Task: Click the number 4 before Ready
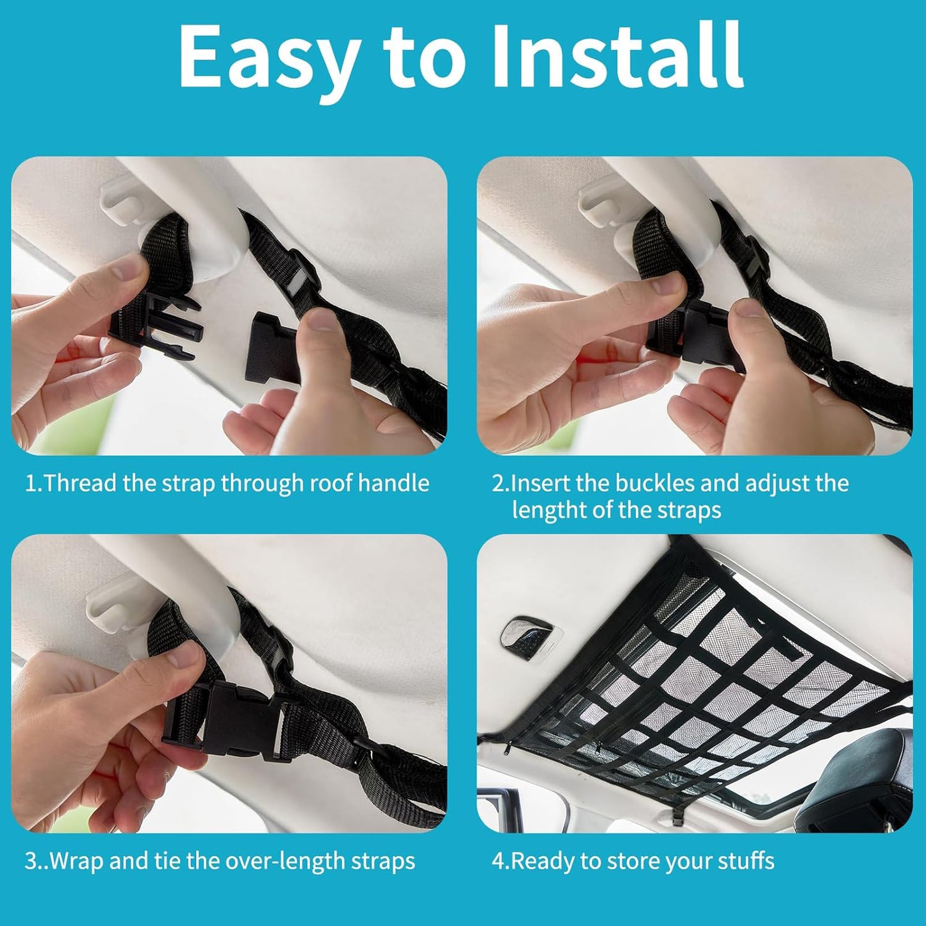coord(498,861)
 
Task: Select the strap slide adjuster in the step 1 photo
coord(296,279)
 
